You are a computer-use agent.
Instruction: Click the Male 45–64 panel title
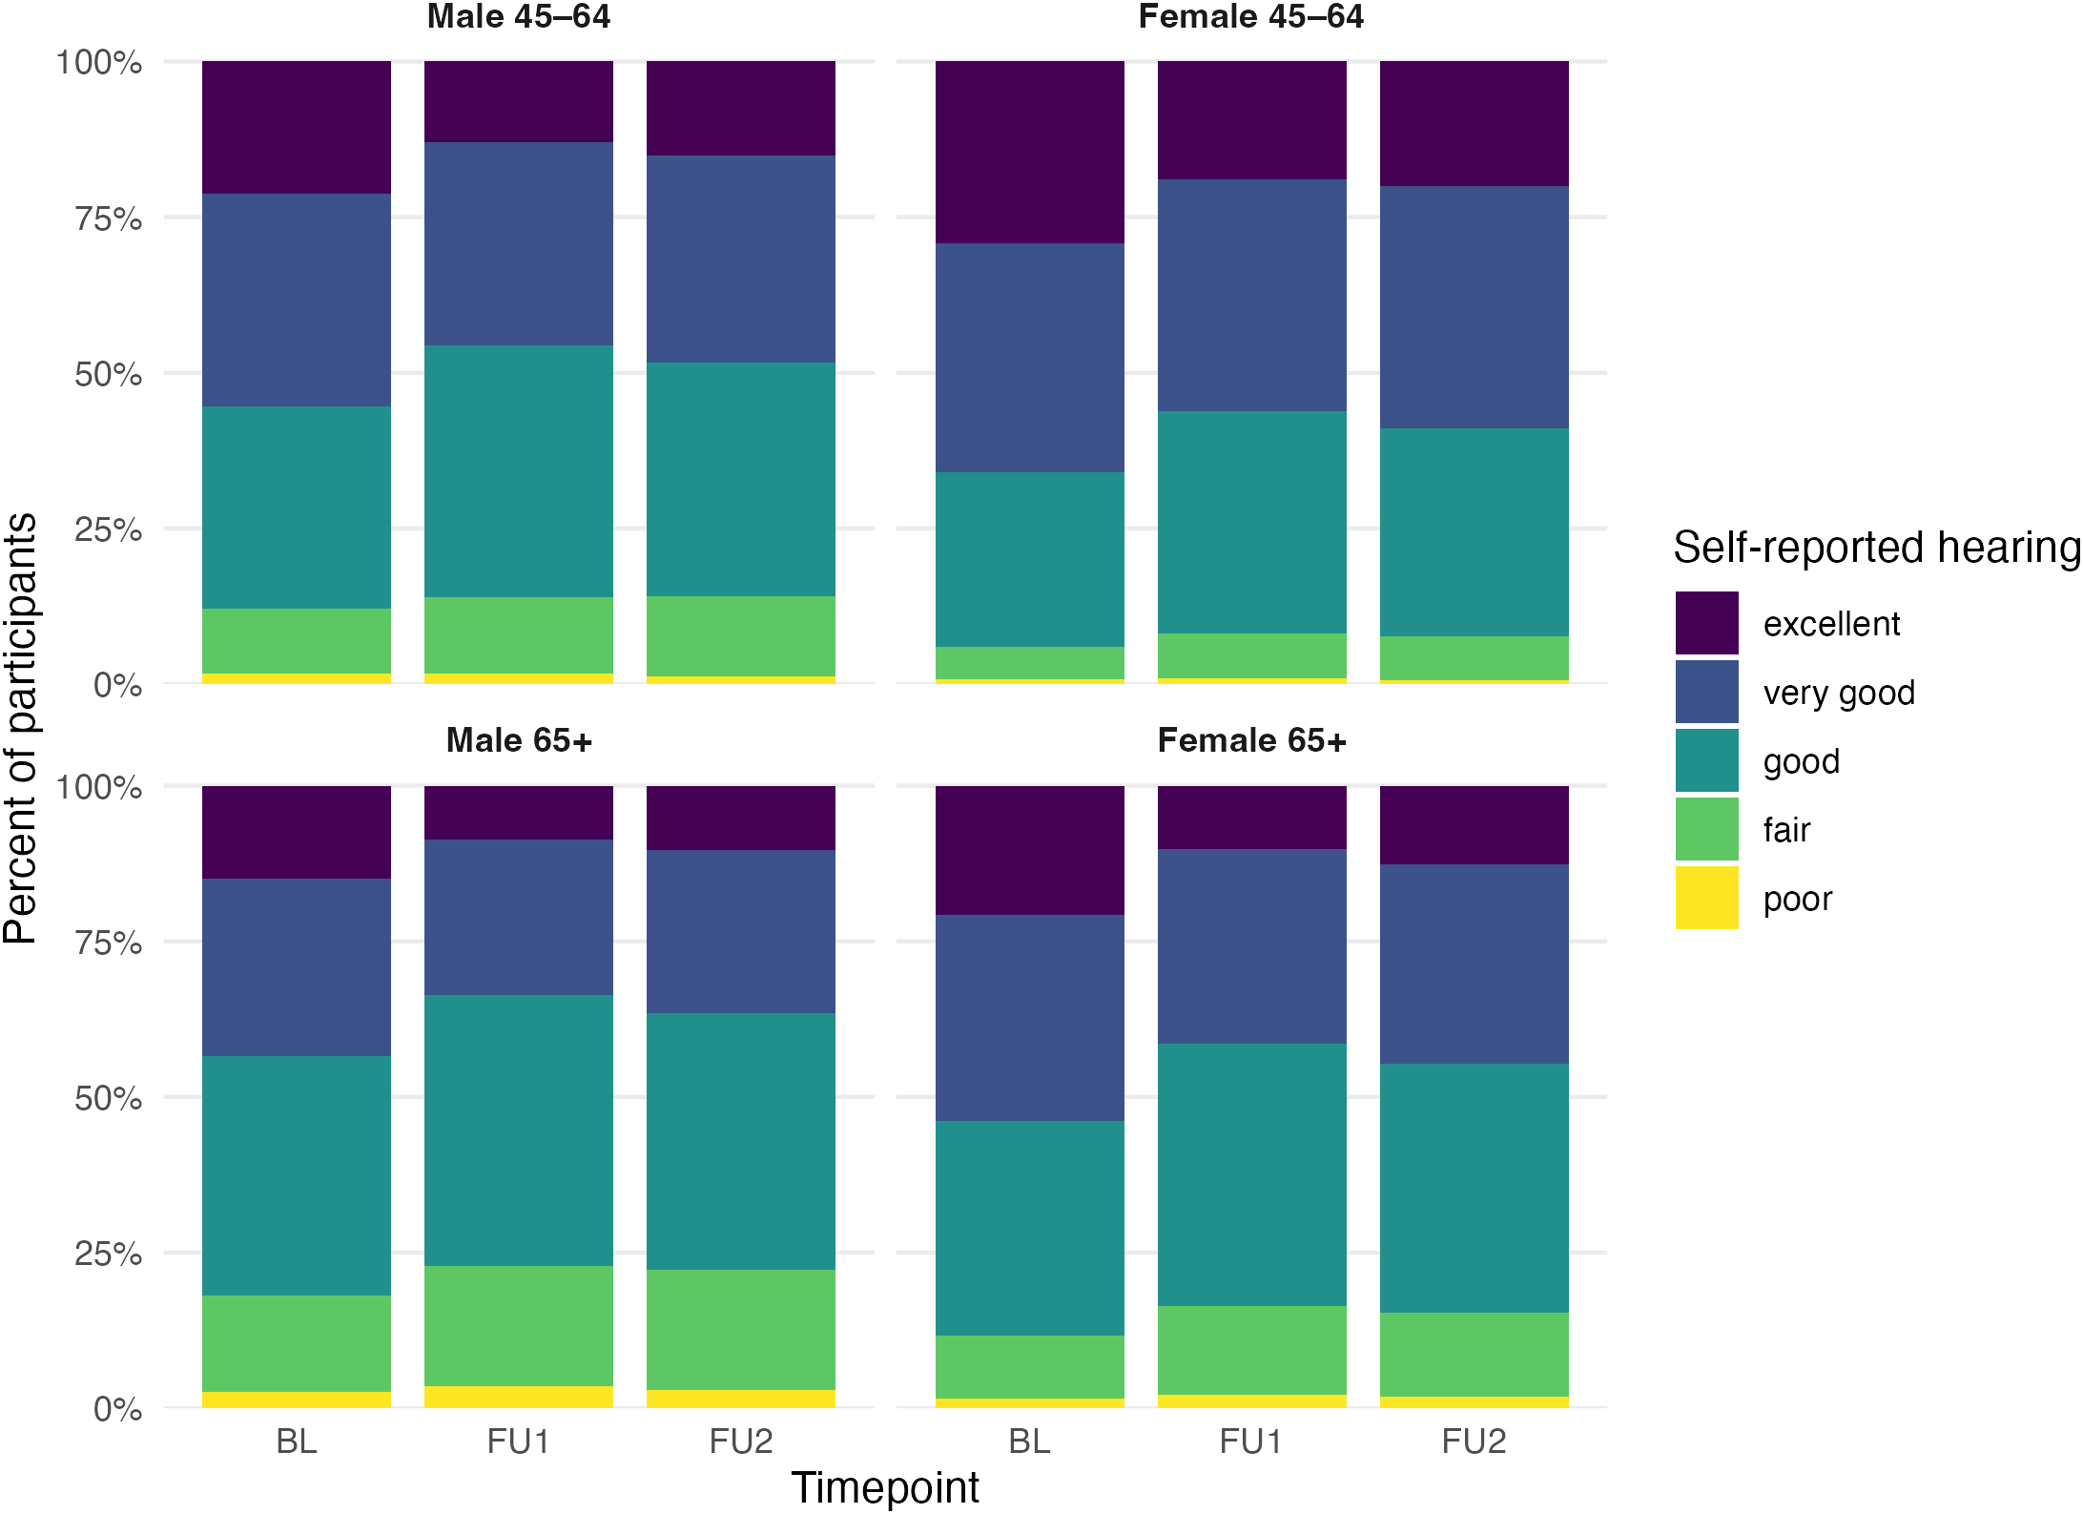pyautogui.click(x=518, y=16)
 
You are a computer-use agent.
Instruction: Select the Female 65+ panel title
pyautogui.click(x=1251, y=740)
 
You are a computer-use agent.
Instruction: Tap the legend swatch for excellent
pyautogui.click(x=1706, y=623)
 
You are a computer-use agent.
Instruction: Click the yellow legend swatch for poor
pyautogui.click(x=1706, y=898)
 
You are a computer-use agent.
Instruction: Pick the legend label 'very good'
pyautogui.click(x=1839, y=693)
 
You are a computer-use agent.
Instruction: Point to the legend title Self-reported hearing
pyautogui.click(x=1877, y=548)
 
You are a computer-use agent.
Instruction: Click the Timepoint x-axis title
pyautogui.click(x=885, y=1487)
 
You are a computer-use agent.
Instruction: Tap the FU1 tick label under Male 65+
pyautogui.click(x=518, y=1441)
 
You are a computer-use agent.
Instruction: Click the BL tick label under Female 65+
pyautogui.click(x=1029, y=1441)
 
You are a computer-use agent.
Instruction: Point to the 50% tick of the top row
pyautogui.click(x=108, y=374)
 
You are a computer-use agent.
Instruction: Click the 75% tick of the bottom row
pyautogui.click(x=108, y=943)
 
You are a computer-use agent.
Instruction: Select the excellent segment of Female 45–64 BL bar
pyautogui.click(x=1029, y=153)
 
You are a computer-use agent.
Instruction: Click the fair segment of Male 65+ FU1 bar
pyautogui.click(x=518, y=1326)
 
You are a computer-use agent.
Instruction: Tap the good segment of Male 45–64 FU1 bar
pyautogui.click(x=518, y=471)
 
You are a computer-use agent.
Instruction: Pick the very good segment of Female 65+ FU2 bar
pyautogui.click(x=1474, y=964)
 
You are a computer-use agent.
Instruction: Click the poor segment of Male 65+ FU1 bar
pyautogui.click(x=518, y=1397)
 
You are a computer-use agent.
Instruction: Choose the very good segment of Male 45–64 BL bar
pyautogui.click(x=297, y=301)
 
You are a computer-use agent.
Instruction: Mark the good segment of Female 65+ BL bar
pyautogui.click(x=1029, y=1229)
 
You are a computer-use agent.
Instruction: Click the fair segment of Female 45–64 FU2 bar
pyautogui.click(x=1474, y=658)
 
